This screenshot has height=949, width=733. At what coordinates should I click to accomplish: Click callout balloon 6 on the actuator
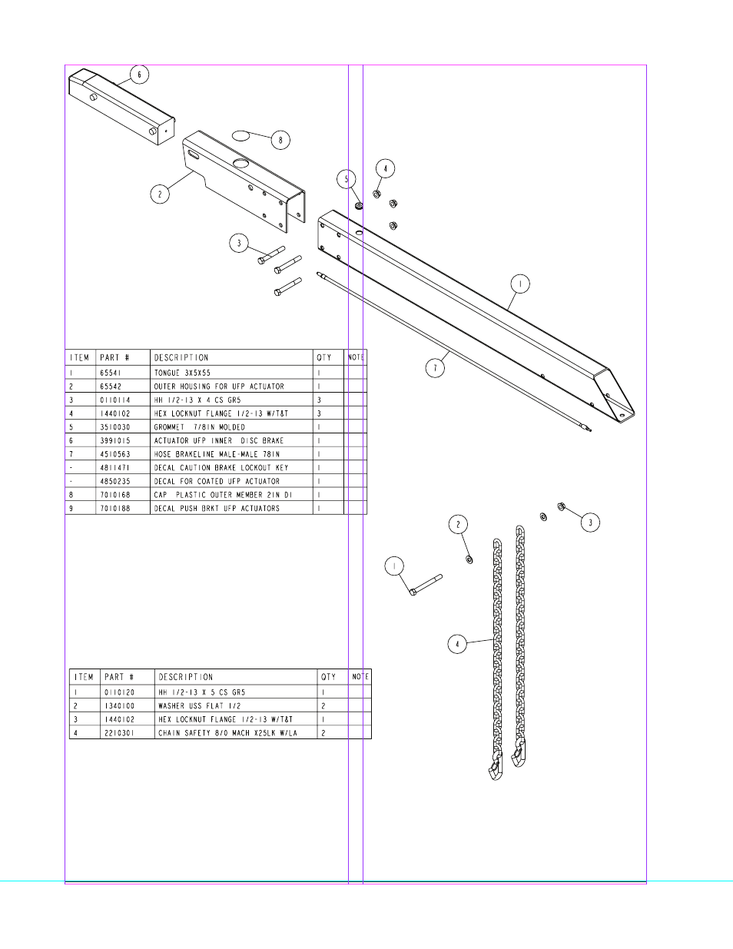click(139, 75)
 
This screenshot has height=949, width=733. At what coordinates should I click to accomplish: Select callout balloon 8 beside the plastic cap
click(280, 140)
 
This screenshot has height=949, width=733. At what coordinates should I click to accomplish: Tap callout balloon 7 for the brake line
click(435, 368)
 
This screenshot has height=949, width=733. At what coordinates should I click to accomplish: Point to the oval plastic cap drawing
click(240, 135)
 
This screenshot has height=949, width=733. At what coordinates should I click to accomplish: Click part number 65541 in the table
click(111, 373)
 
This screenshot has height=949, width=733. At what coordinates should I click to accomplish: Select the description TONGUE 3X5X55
click(182, 373)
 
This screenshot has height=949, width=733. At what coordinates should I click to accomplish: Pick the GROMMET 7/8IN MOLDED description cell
click(200, 427)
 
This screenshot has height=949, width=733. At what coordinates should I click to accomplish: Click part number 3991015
click(115, 440)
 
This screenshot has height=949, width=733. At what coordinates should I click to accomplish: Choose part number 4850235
click(115, 481)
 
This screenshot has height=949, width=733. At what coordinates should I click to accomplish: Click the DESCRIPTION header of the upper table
click(181, 357)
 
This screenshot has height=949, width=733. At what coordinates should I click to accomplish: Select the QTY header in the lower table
click(328, 677)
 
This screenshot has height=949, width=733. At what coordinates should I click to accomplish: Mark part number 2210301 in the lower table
click(120, 733)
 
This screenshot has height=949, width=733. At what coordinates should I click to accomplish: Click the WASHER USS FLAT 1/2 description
click(200, 705)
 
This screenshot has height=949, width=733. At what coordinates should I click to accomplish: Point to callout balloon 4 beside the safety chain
click(457, 644)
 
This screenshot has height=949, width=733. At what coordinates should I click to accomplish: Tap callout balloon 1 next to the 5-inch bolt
click(394, 566)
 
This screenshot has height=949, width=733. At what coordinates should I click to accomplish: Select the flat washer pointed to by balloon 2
click(469, 559)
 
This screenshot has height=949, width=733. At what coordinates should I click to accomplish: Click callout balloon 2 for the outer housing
click(160, 194)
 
